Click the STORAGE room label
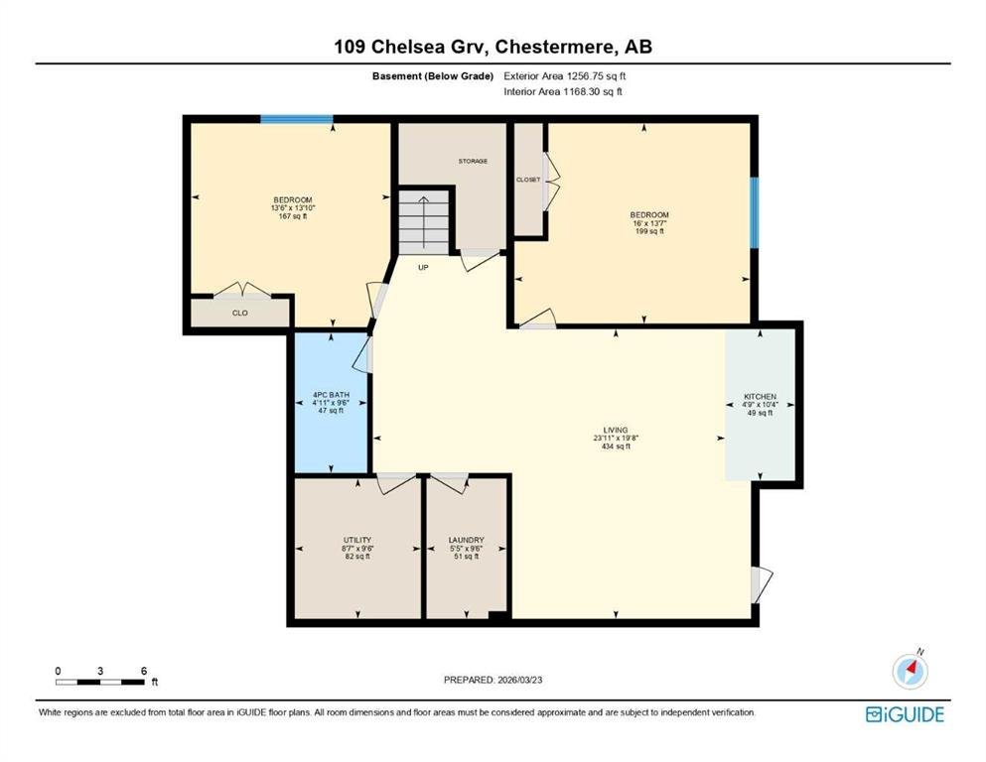[x=473, y=162]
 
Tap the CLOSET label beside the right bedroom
[x=528, y=180]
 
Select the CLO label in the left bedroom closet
[x=240, y=313]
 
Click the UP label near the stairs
[x=423, y=268]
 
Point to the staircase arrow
[x=424, y=221]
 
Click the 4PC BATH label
[x=331, y=395]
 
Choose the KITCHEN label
[x=760, y=397]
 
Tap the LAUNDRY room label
[x=466, y=541]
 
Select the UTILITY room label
[x=357, y=541]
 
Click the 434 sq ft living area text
[x=616, y=446]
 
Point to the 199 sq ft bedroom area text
[x=649, y=231]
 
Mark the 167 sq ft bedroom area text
[x=292, y=216]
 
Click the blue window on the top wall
[x=297, y=119]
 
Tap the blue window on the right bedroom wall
[x=754, y=212]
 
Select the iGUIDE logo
[x=905, y=715]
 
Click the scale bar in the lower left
[x=100, y=682]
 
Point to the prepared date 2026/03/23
[x=519, y=680]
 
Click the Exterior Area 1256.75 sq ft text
[x=565, y=76]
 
